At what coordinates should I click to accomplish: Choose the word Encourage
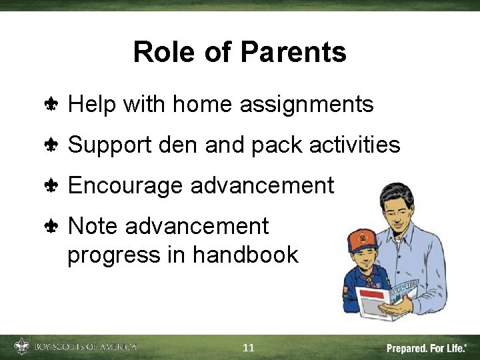(x=126, y=185)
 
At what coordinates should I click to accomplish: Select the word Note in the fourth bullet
(x=93, y=227)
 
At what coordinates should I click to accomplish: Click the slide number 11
(x=249, y=347)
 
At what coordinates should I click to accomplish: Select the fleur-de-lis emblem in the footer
(x=21, y=347)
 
